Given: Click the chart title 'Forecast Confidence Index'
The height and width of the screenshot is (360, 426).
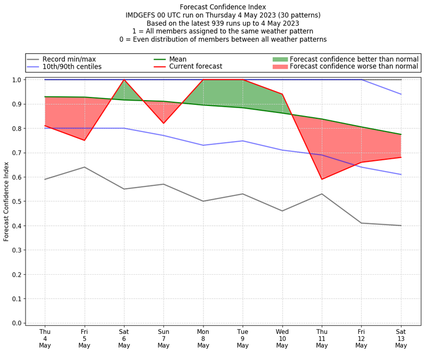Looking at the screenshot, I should click(223, 7).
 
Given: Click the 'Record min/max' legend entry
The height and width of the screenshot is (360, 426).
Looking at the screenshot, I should click(69, 59).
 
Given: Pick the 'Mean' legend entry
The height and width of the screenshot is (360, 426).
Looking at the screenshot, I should click(178, 59).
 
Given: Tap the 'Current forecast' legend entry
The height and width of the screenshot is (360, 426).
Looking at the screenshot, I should click(195, 67).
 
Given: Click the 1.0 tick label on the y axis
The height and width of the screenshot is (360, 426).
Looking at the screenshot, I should click(17, 80).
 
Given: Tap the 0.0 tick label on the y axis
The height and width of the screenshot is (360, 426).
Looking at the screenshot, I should click(17, 323).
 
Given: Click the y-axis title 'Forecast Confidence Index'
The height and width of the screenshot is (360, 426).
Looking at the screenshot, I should click(6, 201).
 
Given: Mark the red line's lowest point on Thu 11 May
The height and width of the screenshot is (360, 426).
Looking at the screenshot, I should click(322, 179).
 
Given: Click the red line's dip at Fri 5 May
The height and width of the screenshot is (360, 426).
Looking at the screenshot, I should click(84, 141).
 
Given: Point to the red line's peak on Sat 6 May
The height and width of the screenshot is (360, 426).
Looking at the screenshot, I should click(124, 80).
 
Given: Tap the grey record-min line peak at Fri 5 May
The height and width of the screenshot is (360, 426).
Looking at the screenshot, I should click(84, 167).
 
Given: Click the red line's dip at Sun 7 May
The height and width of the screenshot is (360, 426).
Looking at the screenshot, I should click(163, 124).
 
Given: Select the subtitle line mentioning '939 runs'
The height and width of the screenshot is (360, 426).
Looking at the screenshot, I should click(223, 23).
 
